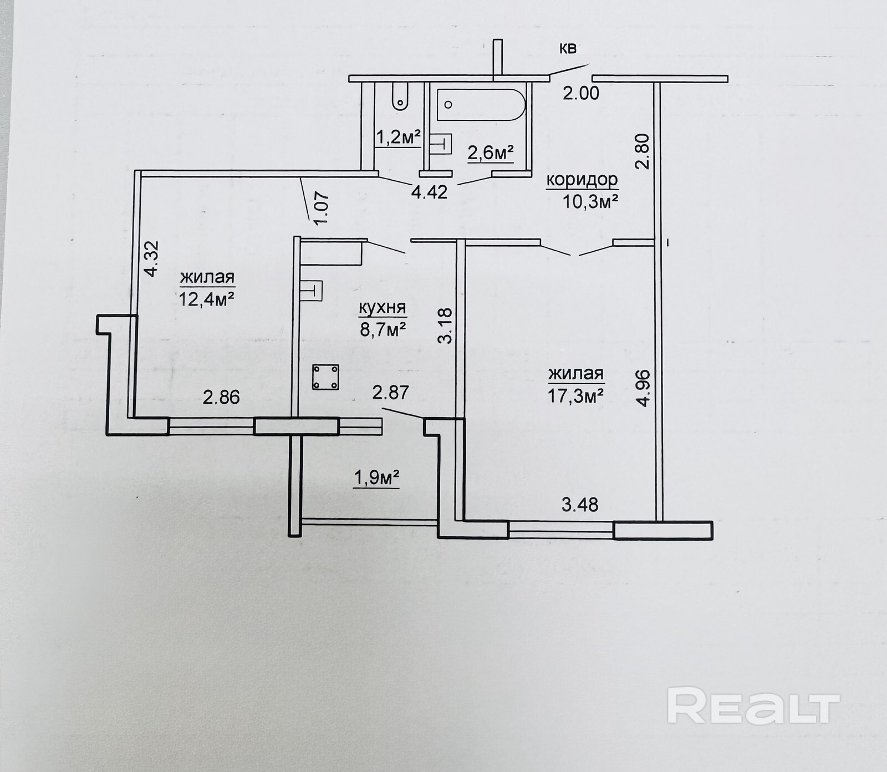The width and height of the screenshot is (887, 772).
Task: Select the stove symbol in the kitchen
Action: tap(325, 377)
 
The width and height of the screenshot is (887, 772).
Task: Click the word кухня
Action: tap(383, 308)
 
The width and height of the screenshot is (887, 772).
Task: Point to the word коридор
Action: tap(582, 180)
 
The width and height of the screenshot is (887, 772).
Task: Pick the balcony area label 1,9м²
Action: tap(377, 477)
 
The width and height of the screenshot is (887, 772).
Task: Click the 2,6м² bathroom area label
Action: tap(491, 153)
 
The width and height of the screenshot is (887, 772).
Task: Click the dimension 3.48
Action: tap(580, 505)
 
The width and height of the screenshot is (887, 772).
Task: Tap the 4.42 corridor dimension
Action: tap(429, 192)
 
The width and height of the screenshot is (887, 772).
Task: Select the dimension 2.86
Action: tap(221, 397)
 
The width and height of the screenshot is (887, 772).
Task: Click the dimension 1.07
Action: tap(324, 208)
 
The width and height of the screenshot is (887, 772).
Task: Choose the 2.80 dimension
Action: tap(642, 151)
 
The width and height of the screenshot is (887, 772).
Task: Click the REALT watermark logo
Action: tap(753, 704)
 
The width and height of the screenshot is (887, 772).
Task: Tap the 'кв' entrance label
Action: tap(567, 49)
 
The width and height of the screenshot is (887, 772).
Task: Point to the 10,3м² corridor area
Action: tap(591, 201)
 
